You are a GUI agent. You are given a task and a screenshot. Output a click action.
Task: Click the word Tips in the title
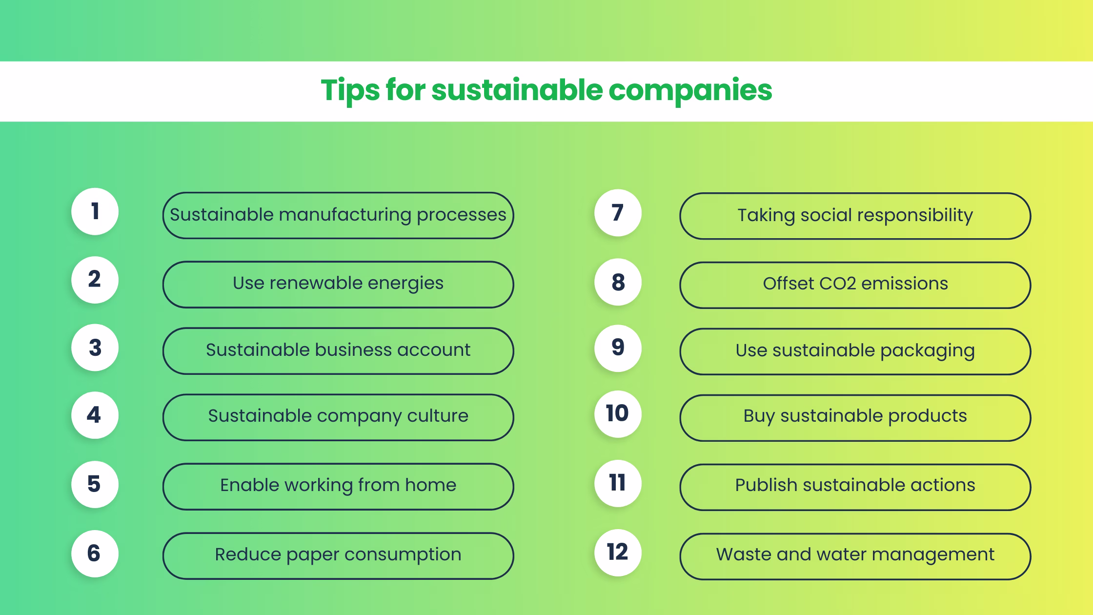pos(349,90)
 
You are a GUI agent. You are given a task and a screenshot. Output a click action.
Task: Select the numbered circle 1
pos(95,211)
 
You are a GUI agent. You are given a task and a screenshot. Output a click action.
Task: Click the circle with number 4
pos(95,415)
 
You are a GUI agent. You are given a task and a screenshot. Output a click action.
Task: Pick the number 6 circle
pos(95,553)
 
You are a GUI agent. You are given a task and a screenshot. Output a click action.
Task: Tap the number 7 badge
pos(618,213)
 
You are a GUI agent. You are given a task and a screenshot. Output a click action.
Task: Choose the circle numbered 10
pos(618,413)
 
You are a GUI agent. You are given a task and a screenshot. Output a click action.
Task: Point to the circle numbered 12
pos(618,552)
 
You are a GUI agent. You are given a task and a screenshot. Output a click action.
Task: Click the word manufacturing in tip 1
pos(345,215)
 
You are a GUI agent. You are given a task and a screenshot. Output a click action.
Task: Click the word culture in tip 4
pos(438,416)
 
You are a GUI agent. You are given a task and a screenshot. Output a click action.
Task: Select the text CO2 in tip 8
pos(833,284)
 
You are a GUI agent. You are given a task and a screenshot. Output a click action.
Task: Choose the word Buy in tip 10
pos(759,416)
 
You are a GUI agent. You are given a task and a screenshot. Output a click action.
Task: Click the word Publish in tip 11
pos(766,485)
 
